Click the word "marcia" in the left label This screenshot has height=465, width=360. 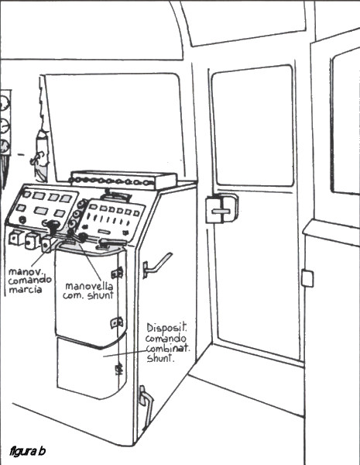pos(26,289)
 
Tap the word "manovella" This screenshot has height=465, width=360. pos(89,286)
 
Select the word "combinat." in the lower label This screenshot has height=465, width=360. pos(167,348)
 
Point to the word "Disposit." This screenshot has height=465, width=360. pos(166,328)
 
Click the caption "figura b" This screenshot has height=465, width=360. pos(28,451)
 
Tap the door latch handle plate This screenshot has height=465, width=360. pos(221,211)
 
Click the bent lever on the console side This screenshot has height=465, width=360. pos(157,265)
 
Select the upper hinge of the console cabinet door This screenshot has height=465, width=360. pos(118,272)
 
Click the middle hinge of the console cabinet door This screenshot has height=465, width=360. pos(117,322)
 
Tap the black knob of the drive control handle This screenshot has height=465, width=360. pos(53,225)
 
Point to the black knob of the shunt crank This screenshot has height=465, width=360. pos(83,236)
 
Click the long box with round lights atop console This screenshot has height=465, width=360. pos(123,180)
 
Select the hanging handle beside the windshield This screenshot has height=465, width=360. pos(42,154)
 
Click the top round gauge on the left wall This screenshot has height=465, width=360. pos(5,102)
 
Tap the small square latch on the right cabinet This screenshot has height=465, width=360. pos(307,278)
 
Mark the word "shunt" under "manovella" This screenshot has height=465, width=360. pos(101,295)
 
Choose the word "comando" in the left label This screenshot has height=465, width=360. pos(29,281)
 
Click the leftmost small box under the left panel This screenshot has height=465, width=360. pos(15,238)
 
